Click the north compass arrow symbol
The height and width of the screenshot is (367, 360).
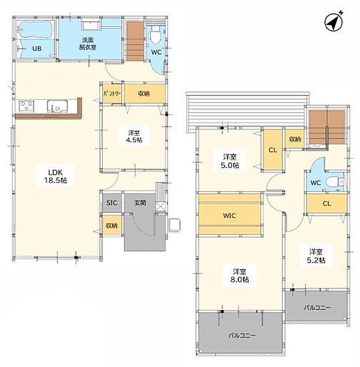[x=334, y=21]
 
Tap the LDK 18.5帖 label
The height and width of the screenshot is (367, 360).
[x=56, y=176]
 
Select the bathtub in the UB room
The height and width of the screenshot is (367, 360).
[x=36, y=30]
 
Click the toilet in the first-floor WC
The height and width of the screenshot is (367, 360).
[x=155, y=35]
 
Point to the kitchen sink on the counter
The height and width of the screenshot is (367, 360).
[x=58, y=106]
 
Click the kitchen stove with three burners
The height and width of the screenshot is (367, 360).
[x=27, y=106]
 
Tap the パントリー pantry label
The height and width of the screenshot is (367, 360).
[x=112, y=94]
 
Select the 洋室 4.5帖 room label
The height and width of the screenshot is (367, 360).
[x=134, y=136]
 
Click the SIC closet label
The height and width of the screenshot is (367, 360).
[x=111, y=202]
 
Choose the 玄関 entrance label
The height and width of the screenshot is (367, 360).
[x=140, y=202]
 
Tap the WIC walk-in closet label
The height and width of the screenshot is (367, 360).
[x=230, y=215]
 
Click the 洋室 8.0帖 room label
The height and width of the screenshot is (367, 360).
[x=239, y=275]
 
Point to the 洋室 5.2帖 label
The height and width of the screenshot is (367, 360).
[x=316, y=256]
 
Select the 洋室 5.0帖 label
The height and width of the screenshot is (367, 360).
[x=230, y=161]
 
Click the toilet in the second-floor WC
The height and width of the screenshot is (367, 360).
[x=336, y=182]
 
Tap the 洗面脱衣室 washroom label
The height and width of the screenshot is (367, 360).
[x=88, y=44]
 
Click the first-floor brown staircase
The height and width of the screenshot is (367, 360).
[x=135, y=42]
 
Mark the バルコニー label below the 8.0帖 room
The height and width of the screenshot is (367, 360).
[x=242, y=335]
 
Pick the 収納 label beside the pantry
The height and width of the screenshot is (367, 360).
[x=144, y=94]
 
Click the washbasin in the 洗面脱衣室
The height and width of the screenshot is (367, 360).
[x=91, y=25]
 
